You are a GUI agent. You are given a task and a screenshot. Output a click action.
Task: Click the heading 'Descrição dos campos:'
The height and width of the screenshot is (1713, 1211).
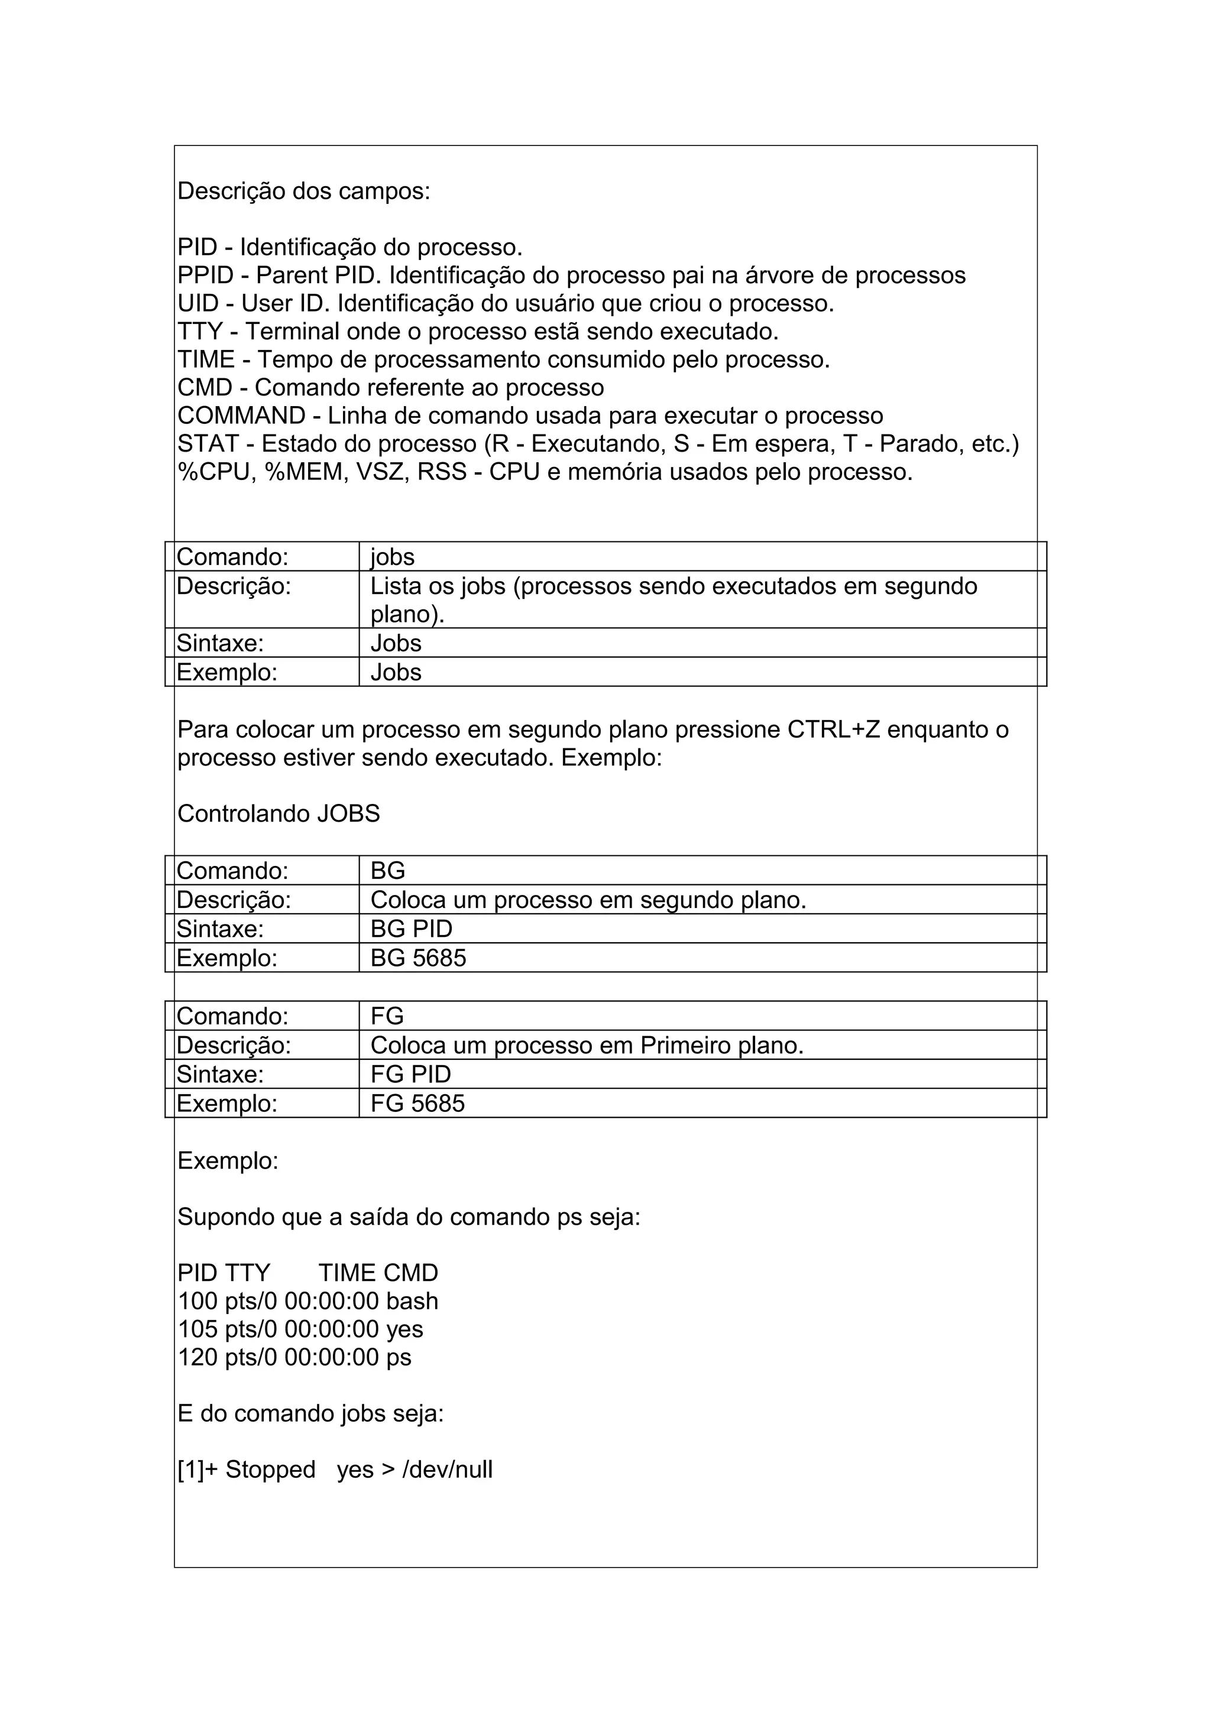[x=304, y=192]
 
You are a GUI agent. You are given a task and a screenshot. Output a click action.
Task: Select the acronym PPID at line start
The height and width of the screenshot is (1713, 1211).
[x=205, y=276]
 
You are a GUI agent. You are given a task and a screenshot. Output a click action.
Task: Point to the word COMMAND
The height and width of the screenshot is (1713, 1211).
[x=242, y=416]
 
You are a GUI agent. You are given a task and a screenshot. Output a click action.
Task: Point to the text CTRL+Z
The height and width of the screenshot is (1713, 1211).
[x=833, y=729]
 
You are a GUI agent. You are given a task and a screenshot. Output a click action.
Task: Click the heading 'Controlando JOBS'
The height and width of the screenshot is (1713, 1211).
[x=279, y=814]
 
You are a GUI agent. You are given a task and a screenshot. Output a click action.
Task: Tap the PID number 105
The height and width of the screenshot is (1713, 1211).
[x=197, y=1329]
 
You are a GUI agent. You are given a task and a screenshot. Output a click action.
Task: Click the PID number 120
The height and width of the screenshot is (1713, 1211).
[x=197, y=1358]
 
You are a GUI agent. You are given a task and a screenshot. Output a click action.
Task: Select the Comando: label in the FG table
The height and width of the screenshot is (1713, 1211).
[x=232, y=1016]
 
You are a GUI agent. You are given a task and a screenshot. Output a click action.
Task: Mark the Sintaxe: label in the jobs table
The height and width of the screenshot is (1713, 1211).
[x=220, y=643]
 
